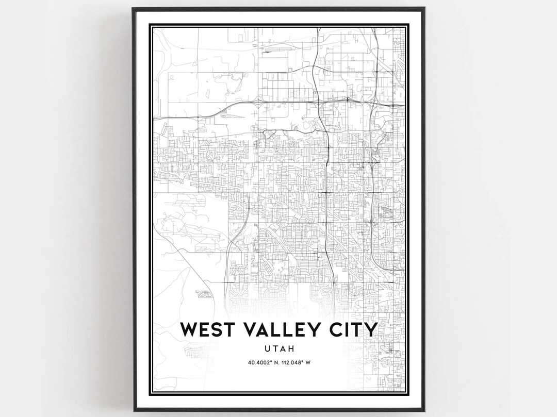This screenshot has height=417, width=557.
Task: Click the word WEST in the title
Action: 209,329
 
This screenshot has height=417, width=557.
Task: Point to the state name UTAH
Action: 278,348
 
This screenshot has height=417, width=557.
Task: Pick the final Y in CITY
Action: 371,329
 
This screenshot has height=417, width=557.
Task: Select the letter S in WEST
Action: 218,329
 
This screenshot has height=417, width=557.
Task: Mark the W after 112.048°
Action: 308,362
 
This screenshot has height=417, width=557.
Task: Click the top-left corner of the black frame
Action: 133,8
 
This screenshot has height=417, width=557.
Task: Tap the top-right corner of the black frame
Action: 425,8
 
